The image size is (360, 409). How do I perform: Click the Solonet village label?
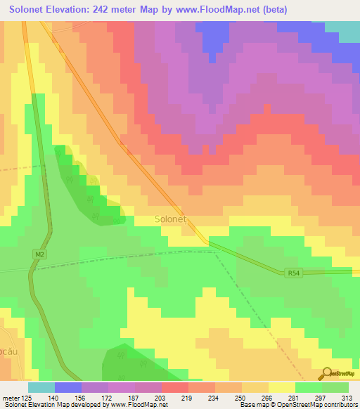(169, 219)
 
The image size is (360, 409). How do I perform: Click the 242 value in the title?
(113, 9)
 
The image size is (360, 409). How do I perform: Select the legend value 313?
(347, 397)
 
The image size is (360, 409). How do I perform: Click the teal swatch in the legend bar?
(41, 387)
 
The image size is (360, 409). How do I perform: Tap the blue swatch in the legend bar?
(68, 387)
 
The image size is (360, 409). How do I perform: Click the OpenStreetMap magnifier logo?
(326, 375)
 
